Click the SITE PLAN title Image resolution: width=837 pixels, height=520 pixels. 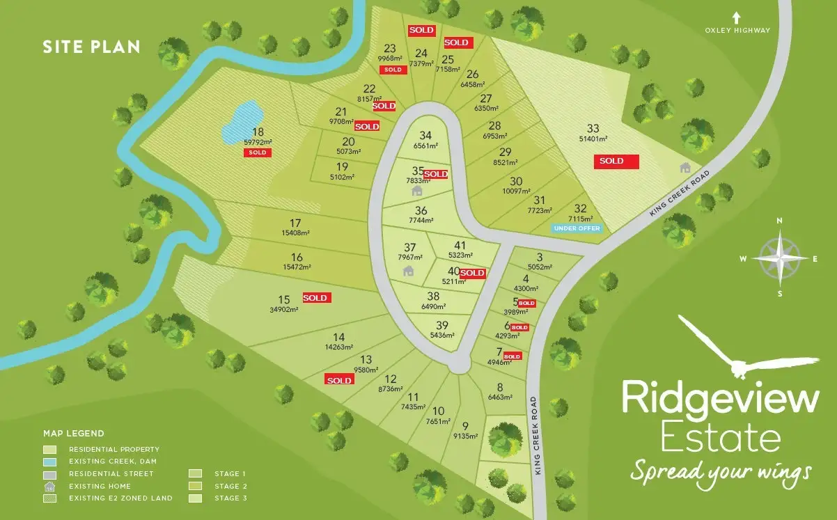tap(91, 47)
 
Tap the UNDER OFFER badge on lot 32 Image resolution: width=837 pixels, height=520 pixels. tap(577, 228)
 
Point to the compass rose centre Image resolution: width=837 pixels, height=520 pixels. tap(779, 257)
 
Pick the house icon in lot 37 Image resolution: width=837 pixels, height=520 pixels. tap(408, 271)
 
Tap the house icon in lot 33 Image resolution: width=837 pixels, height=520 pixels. tap(685, 167)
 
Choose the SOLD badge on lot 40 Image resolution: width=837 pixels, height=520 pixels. tap(472, 274)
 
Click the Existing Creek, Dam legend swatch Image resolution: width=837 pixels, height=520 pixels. tap(50, 462)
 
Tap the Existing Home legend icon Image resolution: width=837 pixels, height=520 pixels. tap(50, 486)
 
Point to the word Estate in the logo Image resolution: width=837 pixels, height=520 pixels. tap(720, 439)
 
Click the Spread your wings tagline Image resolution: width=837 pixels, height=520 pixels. tap(721, 472)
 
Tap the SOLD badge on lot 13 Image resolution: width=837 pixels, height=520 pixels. tap(339, 380)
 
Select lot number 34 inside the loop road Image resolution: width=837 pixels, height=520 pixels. tap(426, 136)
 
